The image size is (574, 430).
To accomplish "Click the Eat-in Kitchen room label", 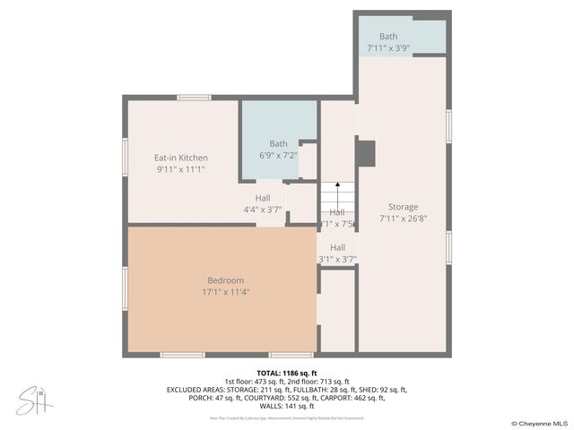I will click(181, 158).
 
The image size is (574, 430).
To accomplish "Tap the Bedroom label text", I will click(225, 280).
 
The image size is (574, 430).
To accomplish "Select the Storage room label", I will click(403, 207).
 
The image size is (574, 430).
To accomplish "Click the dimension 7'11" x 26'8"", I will click(403, 218).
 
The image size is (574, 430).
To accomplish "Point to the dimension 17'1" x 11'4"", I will click(225, 291).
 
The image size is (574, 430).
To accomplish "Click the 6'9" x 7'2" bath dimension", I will click(278, 155).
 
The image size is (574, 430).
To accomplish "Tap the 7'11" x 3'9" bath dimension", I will click(387, 47).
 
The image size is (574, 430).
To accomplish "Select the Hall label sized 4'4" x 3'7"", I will click(263, 198).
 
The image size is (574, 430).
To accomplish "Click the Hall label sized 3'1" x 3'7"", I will click(337, 248).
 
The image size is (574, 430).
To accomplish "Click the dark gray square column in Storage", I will click(365, 153).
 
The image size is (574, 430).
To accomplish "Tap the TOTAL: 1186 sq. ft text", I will click(287, 373).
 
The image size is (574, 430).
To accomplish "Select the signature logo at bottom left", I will click(34, 400).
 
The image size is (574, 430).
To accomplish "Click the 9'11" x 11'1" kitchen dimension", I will click(181, 168).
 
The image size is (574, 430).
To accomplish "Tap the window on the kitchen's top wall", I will click(193, 97).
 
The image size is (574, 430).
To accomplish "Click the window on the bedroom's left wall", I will click(125, 288).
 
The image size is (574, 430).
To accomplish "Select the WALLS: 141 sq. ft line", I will click(287, 406).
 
